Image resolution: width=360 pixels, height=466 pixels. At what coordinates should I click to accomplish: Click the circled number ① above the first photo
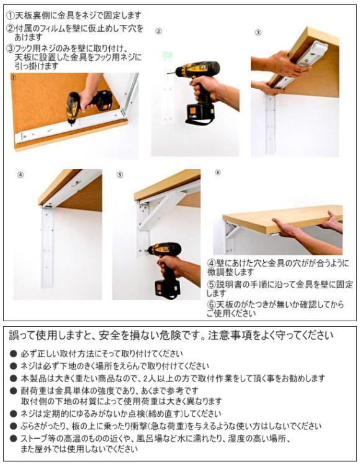tap(13, 77)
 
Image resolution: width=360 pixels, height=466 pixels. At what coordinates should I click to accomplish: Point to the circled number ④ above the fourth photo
tap(20, 175)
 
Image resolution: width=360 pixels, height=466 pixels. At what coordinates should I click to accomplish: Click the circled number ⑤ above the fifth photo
tap(120, 175)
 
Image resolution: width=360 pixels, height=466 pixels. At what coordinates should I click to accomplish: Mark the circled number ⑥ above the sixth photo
tap(218, 173)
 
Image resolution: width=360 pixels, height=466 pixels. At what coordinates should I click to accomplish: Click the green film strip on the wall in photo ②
tap(167, 57)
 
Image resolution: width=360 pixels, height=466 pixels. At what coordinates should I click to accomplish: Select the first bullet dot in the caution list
tap(14, 354)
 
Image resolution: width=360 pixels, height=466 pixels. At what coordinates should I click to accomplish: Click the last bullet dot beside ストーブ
tap(14, 439)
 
